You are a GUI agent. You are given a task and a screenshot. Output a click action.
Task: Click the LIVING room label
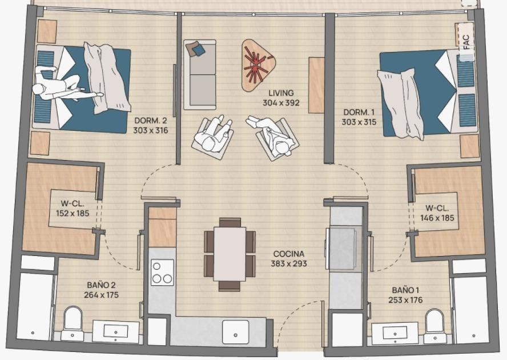click(x=281, y=93)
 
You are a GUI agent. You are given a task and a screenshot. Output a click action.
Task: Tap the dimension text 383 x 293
click(x=289, y=263)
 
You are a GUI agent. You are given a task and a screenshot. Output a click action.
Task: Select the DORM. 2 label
click(x=151, y=121)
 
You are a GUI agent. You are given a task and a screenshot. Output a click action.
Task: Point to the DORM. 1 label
click(x=359, y=113)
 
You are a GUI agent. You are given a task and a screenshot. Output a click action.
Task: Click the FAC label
click(x=466, y=42)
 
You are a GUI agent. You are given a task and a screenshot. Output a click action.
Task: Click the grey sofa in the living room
click(x=199, y=75)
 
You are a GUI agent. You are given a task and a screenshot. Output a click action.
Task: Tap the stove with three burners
click(x=162, y=272)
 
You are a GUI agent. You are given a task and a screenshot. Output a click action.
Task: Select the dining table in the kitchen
click(x=230, y=254)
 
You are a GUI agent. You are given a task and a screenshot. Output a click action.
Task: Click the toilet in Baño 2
click(x=73, y=322)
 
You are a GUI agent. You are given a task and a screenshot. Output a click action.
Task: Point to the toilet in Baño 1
click(x=434, y=325)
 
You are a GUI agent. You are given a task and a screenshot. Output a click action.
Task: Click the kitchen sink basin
click(x=236, y=331)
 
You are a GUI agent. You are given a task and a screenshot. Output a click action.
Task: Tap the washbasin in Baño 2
click(x=115, y=331)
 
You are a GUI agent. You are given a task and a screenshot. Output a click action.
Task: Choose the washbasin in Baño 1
click(x=395, y=334)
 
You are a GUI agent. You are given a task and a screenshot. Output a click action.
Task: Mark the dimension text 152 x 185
click(x=73, y=213)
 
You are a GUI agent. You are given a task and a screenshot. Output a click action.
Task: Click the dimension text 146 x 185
click(x=437, y=218)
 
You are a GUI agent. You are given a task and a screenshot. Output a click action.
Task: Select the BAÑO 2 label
click(x=101, y=285)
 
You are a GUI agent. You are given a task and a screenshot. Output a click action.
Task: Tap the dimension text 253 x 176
click(x=405, y=300)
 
